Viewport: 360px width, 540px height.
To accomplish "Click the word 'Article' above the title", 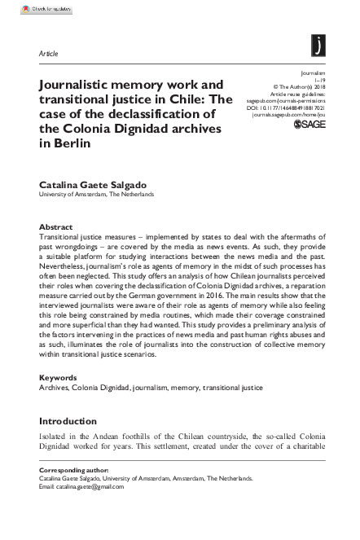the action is (x=49, y=53).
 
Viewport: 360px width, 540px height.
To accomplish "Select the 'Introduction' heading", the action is (x=72, y=421).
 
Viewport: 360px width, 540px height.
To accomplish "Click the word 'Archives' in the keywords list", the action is (x=55, y=389).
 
